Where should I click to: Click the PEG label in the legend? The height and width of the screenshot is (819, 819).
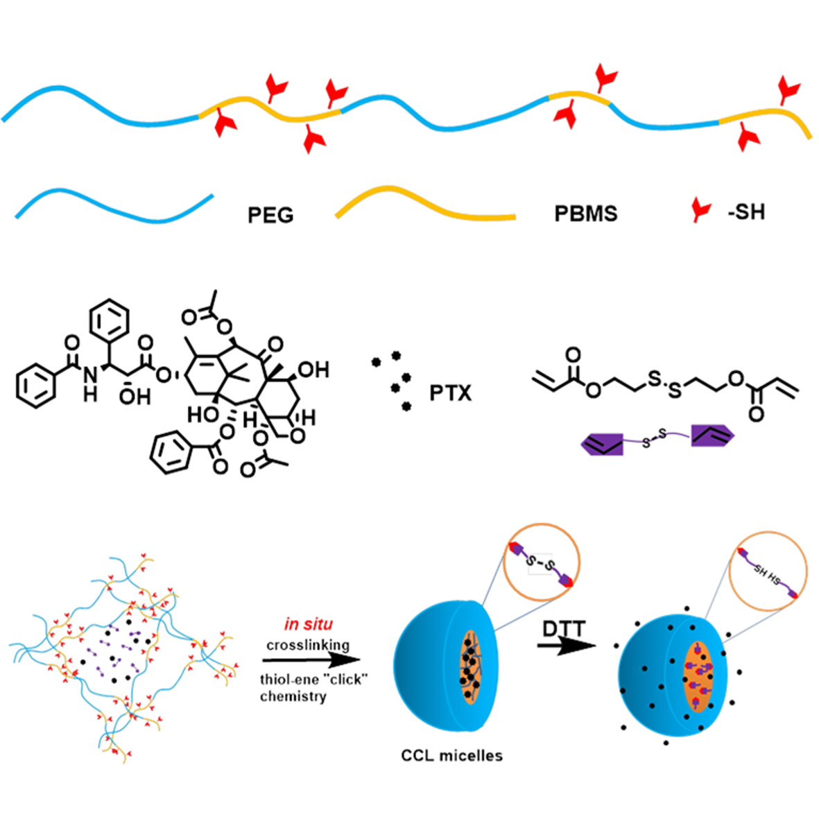click(x=270, y=216)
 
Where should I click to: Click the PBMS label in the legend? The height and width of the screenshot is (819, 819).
click(x=585, y=214)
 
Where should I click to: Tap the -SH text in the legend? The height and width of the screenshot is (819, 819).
click(x=746, y=212)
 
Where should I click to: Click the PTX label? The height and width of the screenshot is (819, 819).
click(x=450, y=394)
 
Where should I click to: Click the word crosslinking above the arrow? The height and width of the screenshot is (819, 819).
click(x=308, y=645)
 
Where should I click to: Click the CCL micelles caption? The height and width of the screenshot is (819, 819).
click(x=451, y=755)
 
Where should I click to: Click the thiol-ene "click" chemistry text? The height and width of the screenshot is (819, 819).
click(x=313, y=687)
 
